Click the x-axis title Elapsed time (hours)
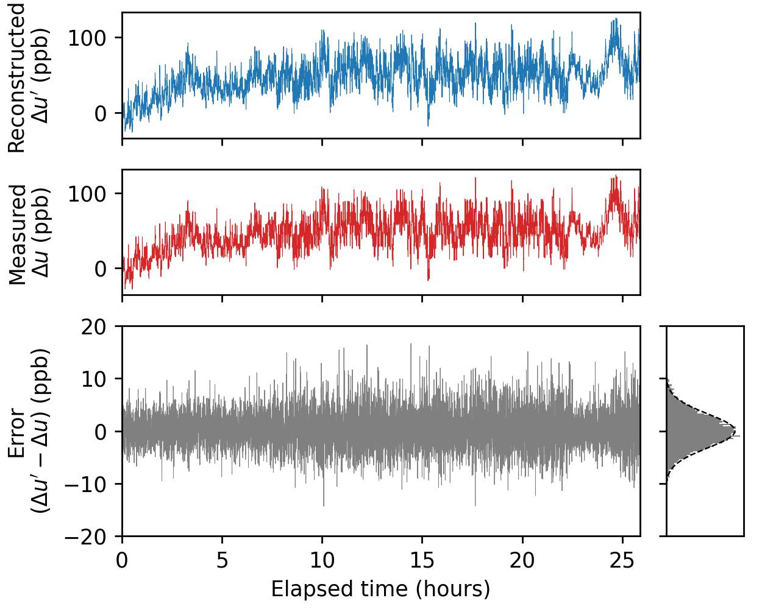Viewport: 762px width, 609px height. tap(380, 590)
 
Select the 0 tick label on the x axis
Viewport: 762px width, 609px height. tap(122, 560)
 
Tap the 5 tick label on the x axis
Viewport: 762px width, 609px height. tap(222, 560)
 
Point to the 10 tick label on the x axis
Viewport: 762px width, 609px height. tap(322, 560)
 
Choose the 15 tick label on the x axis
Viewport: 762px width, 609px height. tap(422, 560)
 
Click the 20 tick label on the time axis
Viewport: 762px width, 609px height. tap(522, 560)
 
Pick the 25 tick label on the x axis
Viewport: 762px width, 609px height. tap(622, 560)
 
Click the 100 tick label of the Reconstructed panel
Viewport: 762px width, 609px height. tap(87, 38)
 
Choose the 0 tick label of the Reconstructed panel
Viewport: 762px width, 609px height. tap(101, 114)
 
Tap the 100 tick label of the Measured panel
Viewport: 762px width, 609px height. tap(87, 194)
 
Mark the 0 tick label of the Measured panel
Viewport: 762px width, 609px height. tap(101, 269)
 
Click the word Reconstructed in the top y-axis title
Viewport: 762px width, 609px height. tap(17, 78)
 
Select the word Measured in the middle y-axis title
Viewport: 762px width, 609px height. tap(17, 234)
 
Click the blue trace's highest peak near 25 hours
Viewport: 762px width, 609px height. tap(616, 19)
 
